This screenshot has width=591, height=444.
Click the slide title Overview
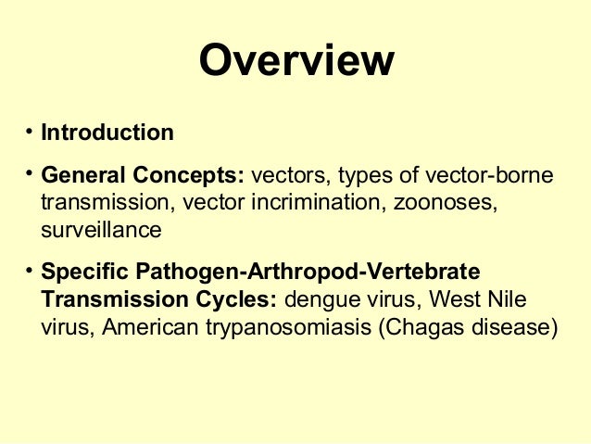tap(295, 61)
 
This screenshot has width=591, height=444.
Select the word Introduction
tap(107, 133)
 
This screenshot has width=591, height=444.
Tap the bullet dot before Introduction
tap(31, 131)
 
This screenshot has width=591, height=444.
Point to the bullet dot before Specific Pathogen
tap(31, 272)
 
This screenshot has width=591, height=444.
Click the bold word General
tap(83, 175)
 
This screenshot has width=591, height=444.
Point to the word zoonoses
tap(445, 201)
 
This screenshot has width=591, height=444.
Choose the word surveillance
tap(102, 228)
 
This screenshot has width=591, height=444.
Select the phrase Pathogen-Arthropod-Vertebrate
tap(308, 273)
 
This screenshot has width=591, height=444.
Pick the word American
tap(151, 328)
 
